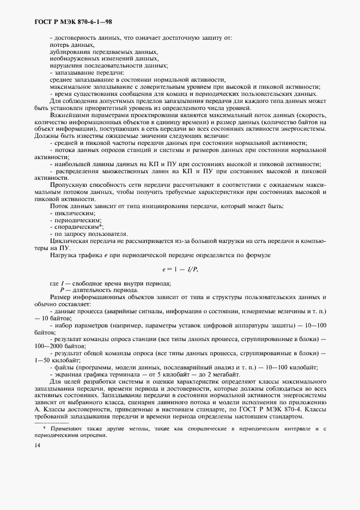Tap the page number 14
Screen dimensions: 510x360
[x=38, y=445]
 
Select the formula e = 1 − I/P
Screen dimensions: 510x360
[x=180, y=269]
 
